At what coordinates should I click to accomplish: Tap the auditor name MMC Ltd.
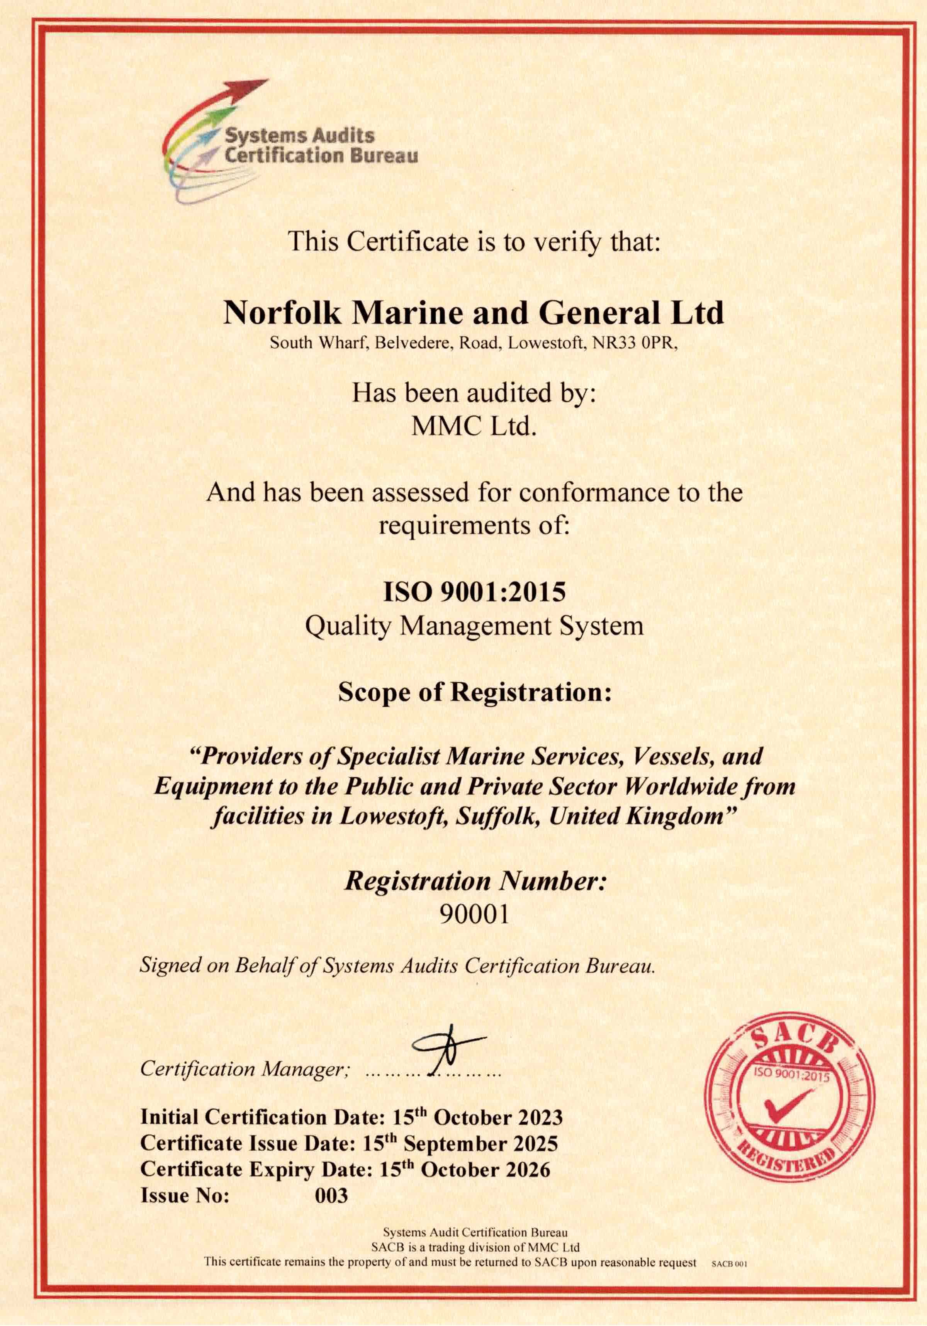click(474, 427)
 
